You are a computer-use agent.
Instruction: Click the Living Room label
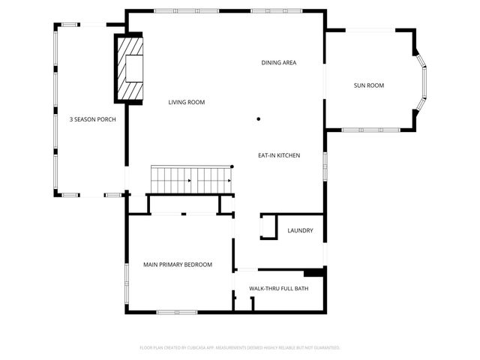point(186,102)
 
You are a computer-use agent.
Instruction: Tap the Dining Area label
point(279,62)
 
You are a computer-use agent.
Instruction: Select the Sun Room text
point(369,85)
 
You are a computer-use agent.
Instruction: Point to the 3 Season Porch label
point(92,119)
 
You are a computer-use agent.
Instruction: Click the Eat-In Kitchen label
point(279,155)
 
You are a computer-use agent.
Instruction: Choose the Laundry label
point(300,230)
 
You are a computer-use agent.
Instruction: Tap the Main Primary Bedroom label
point(178,264)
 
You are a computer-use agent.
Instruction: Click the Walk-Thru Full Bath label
point(278,288)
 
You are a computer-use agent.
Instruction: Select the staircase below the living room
point(190,179)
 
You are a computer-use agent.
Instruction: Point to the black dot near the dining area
point(259,118)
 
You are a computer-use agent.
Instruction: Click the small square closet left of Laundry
point(268,227)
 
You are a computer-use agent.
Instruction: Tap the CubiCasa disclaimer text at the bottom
point(240,348)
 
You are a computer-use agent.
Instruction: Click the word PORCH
point(106,119)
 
